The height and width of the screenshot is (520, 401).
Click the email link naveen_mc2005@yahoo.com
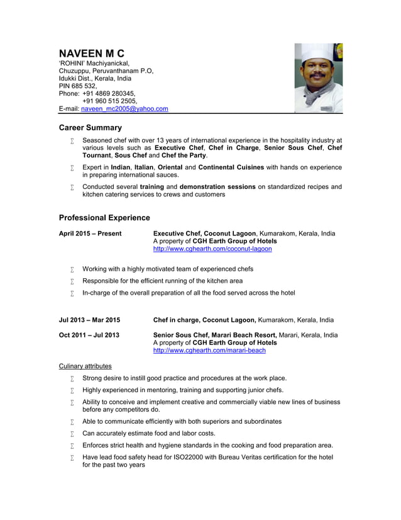point(124,109)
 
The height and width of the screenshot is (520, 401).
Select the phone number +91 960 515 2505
point(109,101)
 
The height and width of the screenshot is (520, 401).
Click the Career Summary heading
point(90,128)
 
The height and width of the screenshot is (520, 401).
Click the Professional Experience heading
point(104,218)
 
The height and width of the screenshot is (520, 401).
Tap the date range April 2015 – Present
point(90,234)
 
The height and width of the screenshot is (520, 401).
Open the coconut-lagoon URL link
point(212,249)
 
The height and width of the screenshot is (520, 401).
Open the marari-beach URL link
point(209,351)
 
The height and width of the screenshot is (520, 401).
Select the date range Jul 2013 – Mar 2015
point(89,320)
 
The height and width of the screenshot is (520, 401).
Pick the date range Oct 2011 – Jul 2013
point(89,335)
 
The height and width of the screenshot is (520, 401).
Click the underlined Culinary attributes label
point(85,366)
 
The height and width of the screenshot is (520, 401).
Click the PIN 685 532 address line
point(78,86)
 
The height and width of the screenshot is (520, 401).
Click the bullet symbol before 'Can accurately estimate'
point(72,434)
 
